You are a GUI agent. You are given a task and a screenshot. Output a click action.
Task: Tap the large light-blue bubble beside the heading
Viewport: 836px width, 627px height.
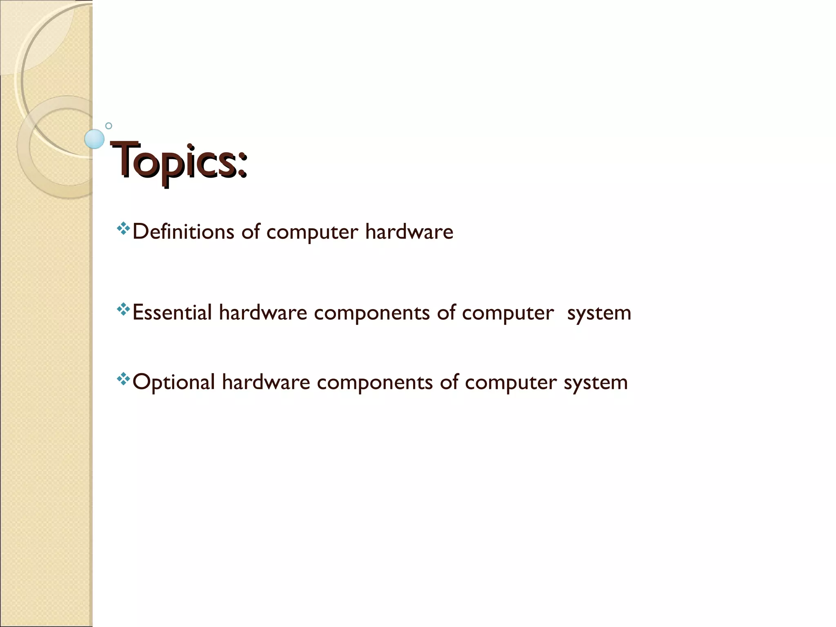[x=94, y=139]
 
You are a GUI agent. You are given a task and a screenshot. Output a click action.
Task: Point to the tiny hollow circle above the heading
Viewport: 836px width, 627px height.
[x=109, y=126]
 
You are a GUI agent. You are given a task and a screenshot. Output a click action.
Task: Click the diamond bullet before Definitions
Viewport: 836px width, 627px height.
[x=123, y=229]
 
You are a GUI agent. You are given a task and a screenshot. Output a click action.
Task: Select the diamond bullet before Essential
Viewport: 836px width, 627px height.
[x=123, y=309]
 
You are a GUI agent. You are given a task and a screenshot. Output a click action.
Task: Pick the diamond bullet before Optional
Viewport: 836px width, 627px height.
[x=123, y=379]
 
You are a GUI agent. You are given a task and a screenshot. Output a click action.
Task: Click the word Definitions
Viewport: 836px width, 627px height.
[x=183, y=231]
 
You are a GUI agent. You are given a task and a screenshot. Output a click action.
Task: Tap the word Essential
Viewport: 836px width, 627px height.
[x=172, y=313]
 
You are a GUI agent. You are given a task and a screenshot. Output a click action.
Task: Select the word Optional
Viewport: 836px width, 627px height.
[x=174, y=382]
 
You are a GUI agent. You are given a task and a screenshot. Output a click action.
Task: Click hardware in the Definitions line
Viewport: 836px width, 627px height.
[x=409, y=231]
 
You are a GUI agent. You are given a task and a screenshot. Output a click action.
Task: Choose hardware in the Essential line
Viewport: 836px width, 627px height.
[x=263, y=313]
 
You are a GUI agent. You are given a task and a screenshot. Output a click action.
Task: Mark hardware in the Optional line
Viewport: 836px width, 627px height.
[x=266, y=382]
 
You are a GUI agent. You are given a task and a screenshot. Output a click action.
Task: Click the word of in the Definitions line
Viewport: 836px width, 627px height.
[x=251, y=231]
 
